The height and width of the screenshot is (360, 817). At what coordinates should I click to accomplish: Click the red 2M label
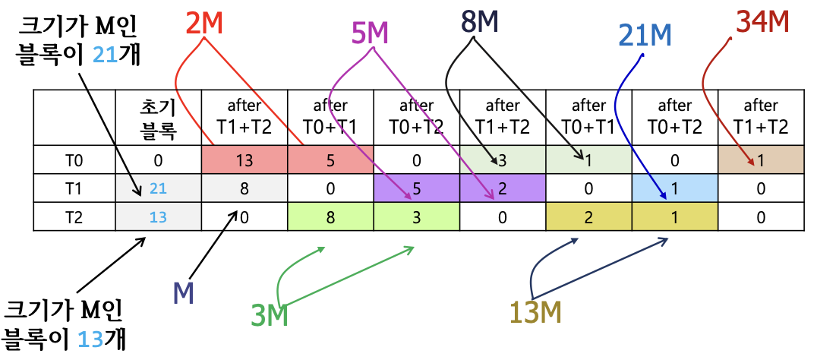pyautogui.click(x=204, y=25)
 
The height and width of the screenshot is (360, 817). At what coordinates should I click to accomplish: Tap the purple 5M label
pyautogui.click(x=371, y=33)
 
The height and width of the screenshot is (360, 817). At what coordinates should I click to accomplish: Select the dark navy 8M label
pyautogui.click(x=479, y=21)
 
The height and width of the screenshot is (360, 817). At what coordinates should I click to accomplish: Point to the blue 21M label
pyautogui.click(x=645, y=36)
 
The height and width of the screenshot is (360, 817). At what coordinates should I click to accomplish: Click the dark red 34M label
pyautogui.click(x=763, y=22)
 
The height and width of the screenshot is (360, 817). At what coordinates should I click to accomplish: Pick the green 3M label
pyautogui.click(x=269, y=314)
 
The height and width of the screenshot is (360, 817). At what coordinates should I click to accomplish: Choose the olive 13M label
pyautogui.click(x=535, y=311)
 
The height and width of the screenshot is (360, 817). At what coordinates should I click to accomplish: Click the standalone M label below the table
pyautogui.click(x=184, y=293)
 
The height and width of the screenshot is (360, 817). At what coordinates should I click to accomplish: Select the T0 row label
pyautogui.click(x=73, y=160)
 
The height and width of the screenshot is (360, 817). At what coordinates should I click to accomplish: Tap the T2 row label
pyautogui.click(x=73, y=216)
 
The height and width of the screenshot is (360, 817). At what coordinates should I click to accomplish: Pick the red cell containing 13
pyautogui.click(x=244, y=160)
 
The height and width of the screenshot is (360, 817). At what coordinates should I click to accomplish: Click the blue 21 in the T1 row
pyautogui.click(x=158, y=188)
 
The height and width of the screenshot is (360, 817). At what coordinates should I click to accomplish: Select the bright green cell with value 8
pyautogui.click(x=330, y=216)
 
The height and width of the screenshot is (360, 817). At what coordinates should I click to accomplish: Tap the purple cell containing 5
pyautogui.click(x=416, y=188)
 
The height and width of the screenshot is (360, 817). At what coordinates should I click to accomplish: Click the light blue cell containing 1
pyautogui.click(x=675, y=188)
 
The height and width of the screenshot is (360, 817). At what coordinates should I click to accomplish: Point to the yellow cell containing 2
pyautogui.click(x=588, y=216)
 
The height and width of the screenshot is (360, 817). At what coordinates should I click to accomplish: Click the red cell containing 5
pyautogui.click(x=330, y=160)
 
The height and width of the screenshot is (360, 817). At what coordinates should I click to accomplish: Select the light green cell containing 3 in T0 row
pyautogui.click(x=503, y=160)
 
